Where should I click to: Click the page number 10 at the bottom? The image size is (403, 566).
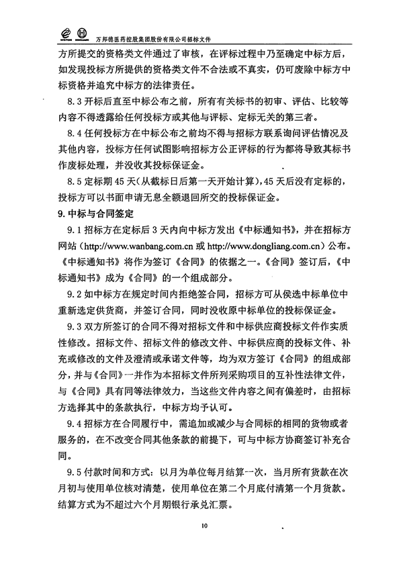(201, 526)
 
